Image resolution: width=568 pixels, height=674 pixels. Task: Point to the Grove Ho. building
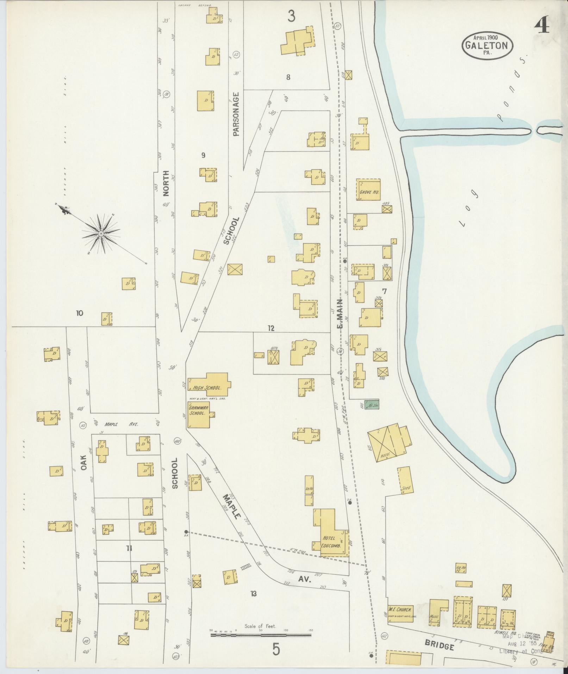pos(368,190)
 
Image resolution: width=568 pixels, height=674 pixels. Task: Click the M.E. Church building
pos(400,613)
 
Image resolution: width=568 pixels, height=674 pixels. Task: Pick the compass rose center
pos(101,234)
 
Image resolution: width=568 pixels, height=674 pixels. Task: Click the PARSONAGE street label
pos(236,114)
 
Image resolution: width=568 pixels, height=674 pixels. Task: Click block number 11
pos(129,557)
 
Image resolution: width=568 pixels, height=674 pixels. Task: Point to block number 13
pos(253,594)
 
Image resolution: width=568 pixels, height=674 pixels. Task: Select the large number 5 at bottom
pos(276,649)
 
